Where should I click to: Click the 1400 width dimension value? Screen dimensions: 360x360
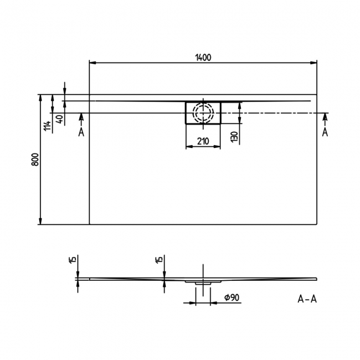point(203,57)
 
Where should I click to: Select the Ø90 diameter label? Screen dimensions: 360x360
point(232,298)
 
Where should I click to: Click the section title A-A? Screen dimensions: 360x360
point(307,300)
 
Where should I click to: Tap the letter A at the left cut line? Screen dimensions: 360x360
point(81,132)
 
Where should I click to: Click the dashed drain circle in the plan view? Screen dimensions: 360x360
point(203,113)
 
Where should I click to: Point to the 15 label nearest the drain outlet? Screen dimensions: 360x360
point(160,260)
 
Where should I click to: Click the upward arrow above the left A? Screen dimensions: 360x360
point(81,116)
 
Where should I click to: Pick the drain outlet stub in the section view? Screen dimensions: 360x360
point(203,283)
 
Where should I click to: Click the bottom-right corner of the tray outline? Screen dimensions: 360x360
point(317,224)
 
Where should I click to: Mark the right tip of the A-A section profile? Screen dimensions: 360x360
point(317,278)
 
